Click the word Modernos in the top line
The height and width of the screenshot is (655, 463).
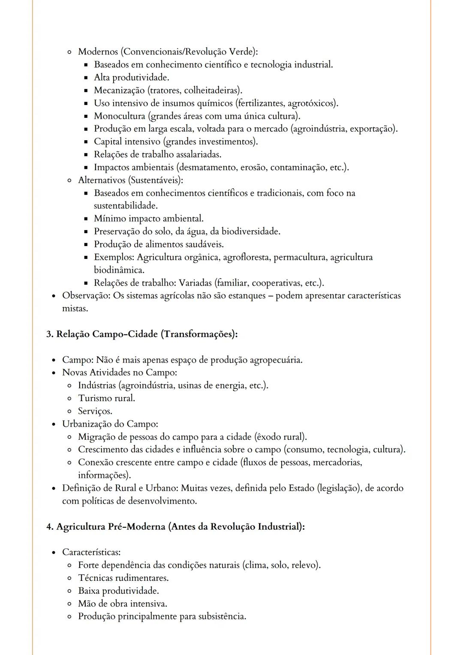[x=98, y=52]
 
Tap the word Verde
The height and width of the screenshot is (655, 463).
[x=241, y=52]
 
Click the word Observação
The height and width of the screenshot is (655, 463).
[x=86, y=296]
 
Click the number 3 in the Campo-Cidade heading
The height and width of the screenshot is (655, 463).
[x=49, y=334]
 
